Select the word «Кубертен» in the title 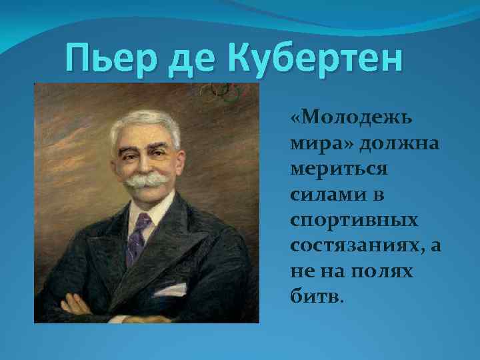tap(317, 58)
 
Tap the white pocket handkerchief tap(171, 289)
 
